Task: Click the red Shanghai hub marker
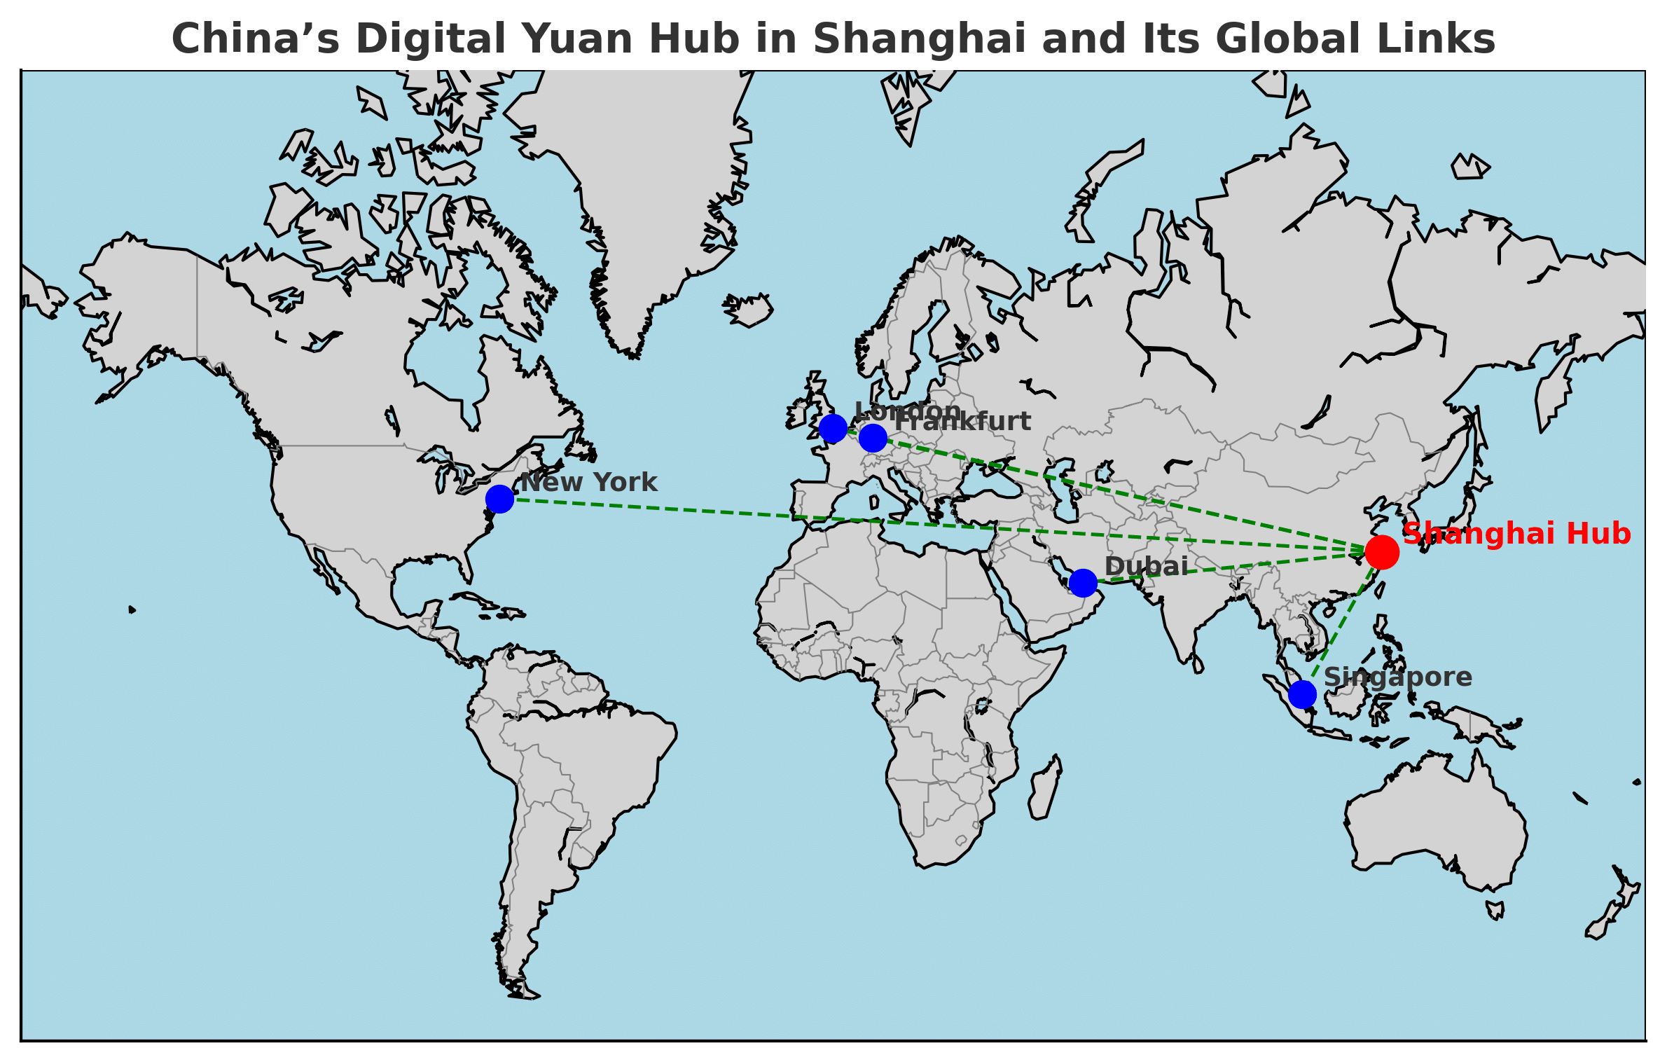tap(1382, 552)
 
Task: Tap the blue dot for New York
tap(499, 499)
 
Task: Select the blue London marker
tap(833, 428)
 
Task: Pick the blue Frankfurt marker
tap(873, 438)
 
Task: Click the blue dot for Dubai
tap(1083, 582)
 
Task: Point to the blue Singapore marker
tap(1302, 694)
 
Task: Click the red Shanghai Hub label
tap(1516, 534)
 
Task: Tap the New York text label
tap(588, 483)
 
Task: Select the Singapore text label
tap(1397, 677)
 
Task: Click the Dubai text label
tap(1146, 566)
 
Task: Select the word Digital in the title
tap(430, 39)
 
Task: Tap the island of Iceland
tap(748, 310)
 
